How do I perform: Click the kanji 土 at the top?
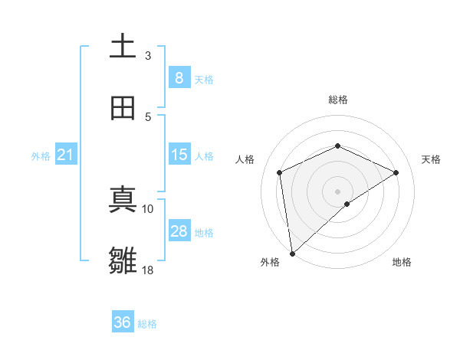point(123,46)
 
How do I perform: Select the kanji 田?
point(123,108)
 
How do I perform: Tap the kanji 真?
point(123,201)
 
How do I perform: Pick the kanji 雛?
point(123,261)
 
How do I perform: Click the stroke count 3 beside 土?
point(148,55)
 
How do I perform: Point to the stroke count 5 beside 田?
point(148,116)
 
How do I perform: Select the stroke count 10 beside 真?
point(148,208)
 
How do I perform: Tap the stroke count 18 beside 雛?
point(148,270)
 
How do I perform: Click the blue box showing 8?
point(179,77)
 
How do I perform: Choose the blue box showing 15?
point(179,155)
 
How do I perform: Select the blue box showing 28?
point(179,231)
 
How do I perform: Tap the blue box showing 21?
point(66,155)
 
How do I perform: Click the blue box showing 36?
point(123,322)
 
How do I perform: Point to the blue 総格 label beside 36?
point(147,324)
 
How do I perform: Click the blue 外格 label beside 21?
point(41,156)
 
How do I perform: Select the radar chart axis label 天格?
point(431,159)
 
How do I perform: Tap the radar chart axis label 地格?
point(402,263)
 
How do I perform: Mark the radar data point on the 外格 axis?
point(291,253)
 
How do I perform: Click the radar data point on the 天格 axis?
point(396,172)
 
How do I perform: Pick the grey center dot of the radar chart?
point(337,191)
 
